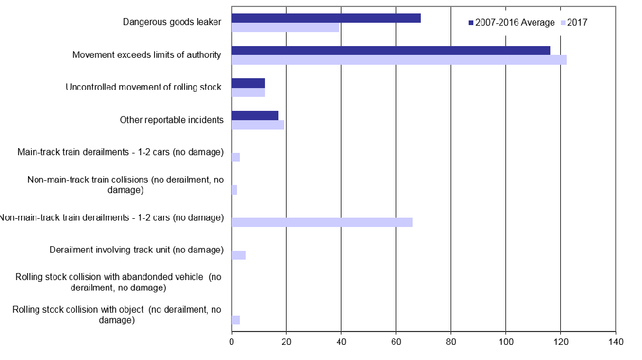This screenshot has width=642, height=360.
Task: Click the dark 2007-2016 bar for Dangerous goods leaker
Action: point(326,18)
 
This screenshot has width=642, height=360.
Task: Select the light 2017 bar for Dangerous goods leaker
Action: point(285,27)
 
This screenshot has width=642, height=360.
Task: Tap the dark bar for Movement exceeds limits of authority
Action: point(390,51)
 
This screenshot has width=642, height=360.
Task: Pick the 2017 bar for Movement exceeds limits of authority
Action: point(399,60)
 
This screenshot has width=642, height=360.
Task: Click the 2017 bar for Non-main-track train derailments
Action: point(322,222)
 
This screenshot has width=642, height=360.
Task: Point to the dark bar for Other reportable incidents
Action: point(254,116)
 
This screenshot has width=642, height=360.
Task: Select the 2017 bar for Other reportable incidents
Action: point(257,125)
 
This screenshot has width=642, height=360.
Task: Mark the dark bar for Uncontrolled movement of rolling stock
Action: point(248,83)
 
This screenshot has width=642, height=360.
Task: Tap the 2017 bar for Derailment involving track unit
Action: point(239,255)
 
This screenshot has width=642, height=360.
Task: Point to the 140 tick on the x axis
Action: point(616,341)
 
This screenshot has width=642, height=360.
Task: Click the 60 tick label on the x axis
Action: point(396,341)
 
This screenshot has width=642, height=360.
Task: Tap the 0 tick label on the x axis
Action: point(232,341)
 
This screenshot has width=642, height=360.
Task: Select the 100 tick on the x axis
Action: point(505,341)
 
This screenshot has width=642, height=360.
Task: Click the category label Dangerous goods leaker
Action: point(172,22)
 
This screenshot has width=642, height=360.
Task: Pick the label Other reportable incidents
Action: point(172,120)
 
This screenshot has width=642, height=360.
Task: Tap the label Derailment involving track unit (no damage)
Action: point(137,250)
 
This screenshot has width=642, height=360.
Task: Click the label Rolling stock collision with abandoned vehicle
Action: point(118,282)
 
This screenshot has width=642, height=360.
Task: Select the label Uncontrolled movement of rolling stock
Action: point(144,88)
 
